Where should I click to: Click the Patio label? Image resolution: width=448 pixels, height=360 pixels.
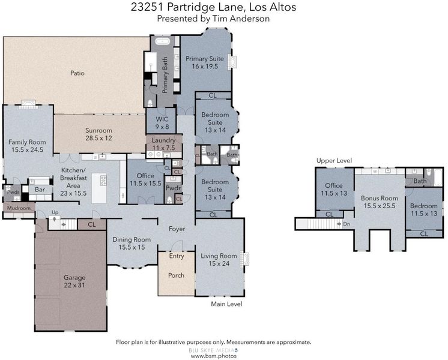point(77,73)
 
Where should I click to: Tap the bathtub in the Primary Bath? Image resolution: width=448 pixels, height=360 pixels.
point(163,41)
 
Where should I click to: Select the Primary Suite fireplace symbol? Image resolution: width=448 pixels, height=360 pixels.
point(232,62)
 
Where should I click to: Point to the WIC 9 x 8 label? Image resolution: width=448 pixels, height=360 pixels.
point(162,123)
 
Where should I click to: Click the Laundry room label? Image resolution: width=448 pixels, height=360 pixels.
point(163,140)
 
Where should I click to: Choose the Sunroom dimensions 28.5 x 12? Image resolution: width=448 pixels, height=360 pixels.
point(98,138)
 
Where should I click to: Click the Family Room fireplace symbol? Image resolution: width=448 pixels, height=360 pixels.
point(28,104)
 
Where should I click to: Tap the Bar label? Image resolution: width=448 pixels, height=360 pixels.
point(40,189)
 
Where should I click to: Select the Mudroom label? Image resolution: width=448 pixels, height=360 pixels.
point(19,208)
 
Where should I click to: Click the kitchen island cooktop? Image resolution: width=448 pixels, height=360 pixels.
point(103,180)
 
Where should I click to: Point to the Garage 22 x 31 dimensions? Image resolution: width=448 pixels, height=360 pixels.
point(74,285)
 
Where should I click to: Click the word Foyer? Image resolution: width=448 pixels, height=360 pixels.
point(177,229)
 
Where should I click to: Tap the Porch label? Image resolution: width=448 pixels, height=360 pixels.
point(176,275)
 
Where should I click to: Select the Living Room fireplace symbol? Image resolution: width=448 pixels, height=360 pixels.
point(244,259)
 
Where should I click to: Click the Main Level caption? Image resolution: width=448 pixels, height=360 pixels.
point(226,304)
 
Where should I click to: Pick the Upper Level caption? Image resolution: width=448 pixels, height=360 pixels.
point(334,161)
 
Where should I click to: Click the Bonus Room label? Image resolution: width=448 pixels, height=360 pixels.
point(379,198)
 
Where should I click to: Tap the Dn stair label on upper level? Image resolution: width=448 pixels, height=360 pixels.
point(347,224)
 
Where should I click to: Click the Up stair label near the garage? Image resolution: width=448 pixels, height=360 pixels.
point(55,212)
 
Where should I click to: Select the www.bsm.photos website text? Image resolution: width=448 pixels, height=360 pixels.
point(213,356)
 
